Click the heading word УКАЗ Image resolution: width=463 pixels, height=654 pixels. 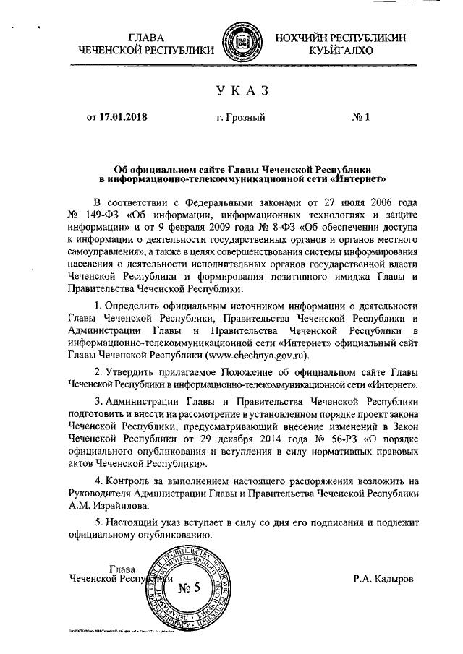[242, 90]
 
